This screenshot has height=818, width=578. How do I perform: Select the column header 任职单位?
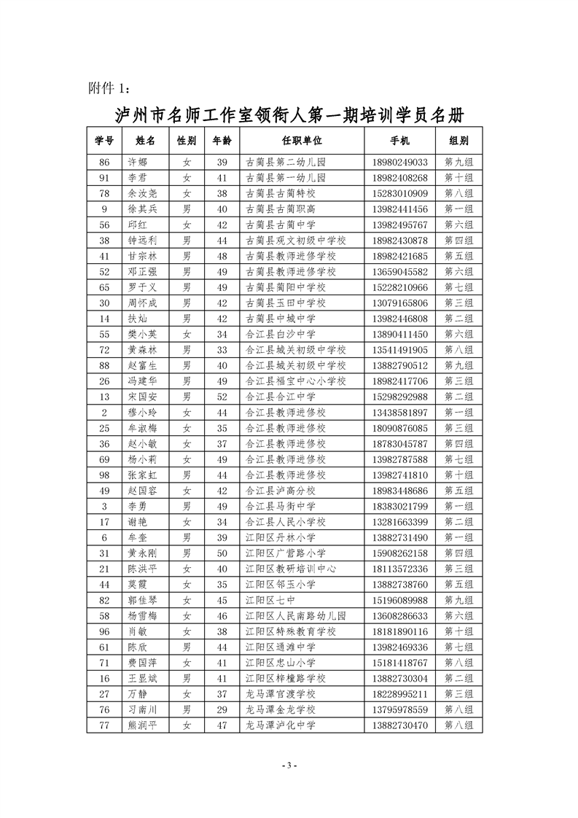pos(301,140)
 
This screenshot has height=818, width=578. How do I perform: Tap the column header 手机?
pos(399,140)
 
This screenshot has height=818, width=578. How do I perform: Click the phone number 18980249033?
pos(399,162)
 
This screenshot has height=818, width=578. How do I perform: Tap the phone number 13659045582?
pos(399,271)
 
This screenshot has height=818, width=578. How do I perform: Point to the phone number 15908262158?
pos(399,553)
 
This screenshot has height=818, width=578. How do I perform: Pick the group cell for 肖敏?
pos(458,631)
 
